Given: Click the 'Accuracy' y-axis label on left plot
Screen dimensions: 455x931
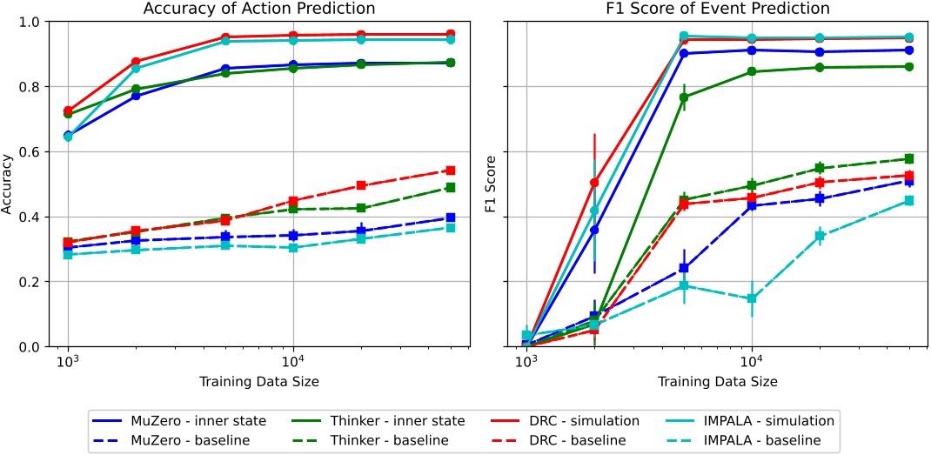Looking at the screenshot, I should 10,184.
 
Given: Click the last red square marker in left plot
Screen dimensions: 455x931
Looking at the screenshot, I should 450,171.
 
